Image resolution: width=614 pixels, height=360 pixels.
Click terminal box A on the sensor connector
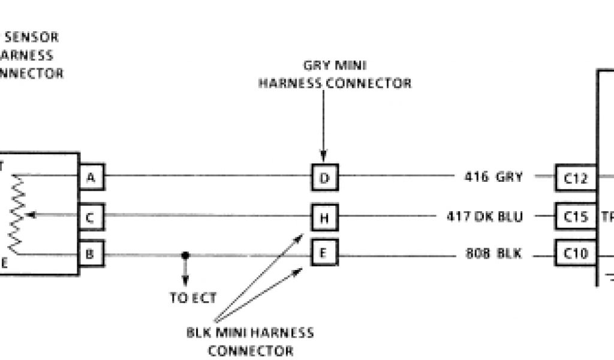pyautogui.click(x=91, y=177)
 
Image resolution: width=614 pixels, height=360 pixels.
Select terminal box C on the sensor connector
pyautogui.click(x=91, y=217)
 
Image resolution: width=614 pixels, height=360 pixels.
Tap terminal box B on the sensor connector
pyautogui.click(x=91, y=254)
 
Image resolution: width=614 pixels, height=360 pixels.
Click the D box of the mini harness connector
pyautogui.click(x=324, y=177)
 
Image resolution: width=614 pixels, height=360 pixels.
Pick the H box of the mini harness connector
pyautogui.click(x=324, y=217)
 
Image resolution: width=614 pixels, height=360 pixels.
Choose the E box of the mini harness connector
pyautogui.click(x=324, y=253)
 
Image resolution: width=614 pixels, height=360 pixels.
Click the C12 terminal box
pyautogui.click(x=576, y=178)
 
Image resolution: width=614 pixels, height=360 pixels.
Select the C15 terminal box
pyautogui.click(x=576, y=217)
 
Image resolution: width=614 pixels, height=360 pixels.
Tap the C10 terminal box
pyautogui.click(x=576, y=254)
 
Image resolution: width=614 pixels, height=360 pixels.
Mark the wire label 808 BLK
pyautogui.click(x=493, y=254)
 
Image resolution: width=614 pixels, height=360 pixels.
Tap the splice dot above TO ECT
pyautogui.click(x=185, y=254)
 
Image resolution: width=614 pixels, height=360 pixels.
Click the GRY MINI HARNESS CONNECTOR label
pyautogui.click(x=335, y=74)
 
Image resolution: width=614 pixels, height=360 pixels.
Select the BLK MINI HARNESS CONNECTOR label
pyautogui.click(x=250, y=341)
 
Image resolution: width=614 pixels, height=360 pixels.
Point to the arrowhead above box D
pyautogui.click(x=324, y=157)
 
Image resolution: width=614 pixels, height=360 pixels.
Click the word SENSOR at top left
pyautogui.click(x=32, y=37)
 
